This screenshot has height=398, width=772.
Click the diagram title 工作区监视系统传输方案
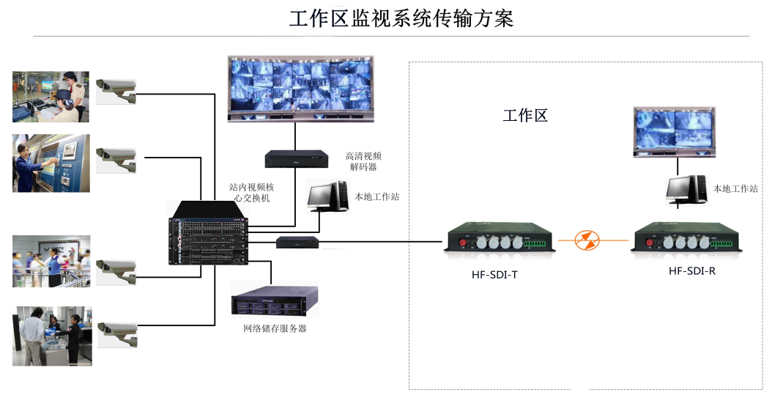click(x=401, y=18)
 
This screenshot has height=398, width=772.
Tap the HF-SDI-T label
click(x=494, y=276)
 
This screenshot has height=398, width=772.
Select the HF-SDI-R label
click(x=691, y=270)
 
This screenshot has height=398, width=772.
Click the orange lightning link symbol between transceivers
click(x=585, y=240)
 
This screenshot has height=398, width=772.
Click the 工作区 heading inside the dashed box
click(x=524, y=115)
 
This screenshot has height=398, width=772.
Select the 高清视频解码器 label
click(x=363, y=161)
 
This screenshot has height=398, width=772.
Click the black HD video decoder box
click(x=296, y=158)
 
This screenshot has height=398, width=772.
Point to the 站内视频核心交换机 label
click(x=251, y=193)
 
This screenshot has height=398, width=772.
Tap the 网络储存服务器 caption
click(x=275, y=328)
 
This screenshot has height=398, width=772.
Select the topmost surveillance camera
click(x=116, y=88)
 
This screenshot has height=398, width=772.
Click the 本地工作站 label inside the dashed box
click(x=735, y=188)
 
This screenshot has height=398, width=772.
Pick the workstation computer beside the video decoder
click(x=327, y=196)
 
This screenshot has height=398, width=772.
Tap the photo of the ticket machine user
click(x=51, y=163)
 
